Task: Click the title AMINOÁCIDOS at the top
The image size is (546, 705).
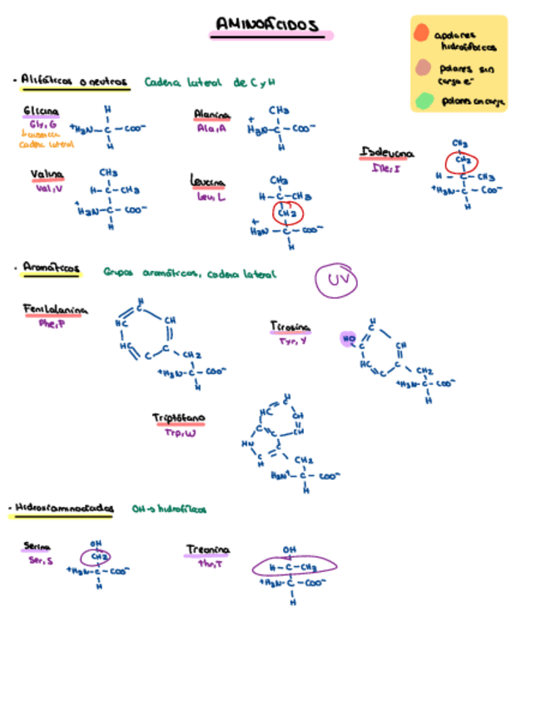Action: click(266, 26)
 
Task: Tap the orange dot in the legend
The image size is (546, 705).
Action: click(421, 33)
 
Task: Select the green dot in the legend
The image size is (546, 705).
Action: click(424, 101)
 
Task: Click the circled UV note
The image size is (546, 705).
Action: click(336, 280)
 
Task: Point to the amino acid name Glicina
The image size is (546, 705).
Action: click(41, 111)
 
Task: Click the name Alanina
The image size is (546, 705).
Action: click(211, 115)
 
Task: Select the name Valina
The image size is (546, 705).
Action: click(47, 175)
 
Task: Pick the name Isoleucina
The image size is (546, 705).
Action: click(388, 153)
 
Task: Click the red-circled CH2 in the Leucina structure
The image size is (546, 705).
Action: click(287, 213)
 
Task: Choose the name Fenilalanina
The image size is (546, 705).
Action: click(55, 310)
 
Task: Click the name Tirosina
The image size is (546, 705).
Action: click(290, 326)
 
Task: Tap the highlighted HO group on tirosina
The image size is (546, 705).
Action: click(348, 338)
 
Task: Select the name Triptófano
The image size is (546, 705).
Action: click(179, 417)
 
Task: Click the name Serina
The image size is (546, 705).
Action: click(37, 546)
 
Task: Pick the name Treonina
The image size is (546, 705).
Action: click(207, 550)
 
